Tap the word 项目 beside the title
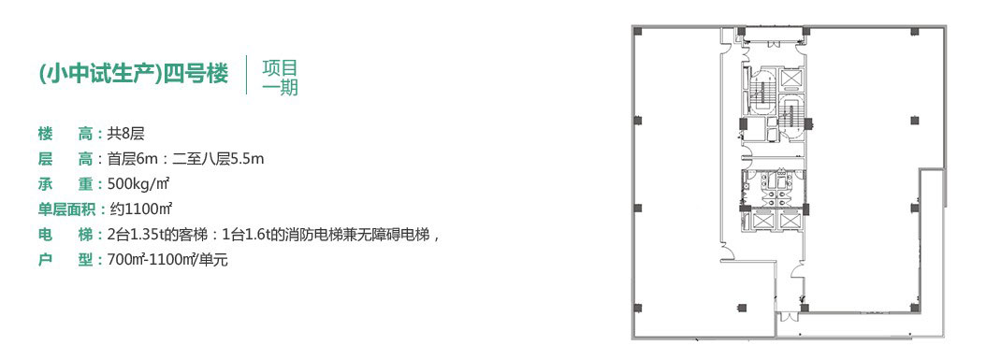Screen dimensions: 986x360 pyautogui.click(x=280, y=67)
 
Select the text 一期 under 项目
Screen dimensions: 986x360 pyautogui.click(x=280, y=87)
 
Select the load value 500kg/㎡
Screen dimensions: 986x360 pyautogui.click(x=139, y=184)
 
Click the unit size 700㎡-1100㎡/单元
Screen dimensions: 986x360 pyautogui.click(x=167, y=259)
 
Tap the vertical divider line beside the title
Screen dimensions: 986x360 pyautogui.click(x=247, y=76)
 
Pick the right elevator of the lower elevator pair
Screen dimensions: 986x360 pyautogui.click(x=790, y=221)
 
